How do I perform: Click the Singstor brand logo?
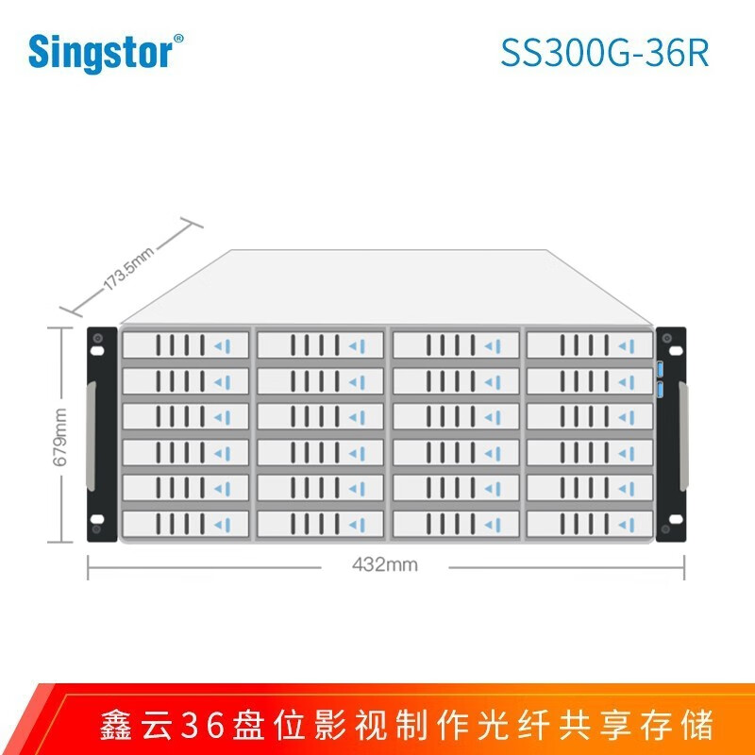tap(106, 53)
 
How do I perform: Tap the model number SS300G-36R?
tap(605, 53)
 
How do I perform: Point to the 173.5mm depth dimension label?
tap(129, 269)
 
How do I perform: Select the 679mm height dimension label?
tap(60, 437)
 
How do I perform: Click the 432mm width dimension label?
tap(385, 564)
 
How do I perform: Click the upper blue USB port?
tap(660, 369)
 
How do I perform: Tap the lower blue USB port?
tap(660, 391)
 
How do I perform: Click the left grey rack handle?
tap(91, 436)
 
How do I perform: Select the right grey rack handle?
tap(683, 436)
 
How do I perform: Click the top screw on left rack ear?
tap(97, 338)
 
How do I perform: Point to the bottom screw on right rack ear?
tap(666, 529)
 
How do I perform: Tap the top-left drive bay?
tap(186, 344)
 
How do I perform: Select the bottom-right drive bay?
tap(590, 524)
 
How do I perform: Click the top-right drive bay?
tap(590, 344)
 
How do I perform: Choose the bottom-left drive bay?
tap(186, 524)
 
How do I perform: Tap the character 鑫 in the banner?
tap(115, 725)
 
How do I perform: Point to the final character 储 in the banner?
tap(696, 725)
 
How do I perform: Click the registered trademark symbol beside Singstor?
tap(178, 39)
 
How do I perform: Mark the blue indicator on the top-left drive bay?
tap(223, 345)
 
